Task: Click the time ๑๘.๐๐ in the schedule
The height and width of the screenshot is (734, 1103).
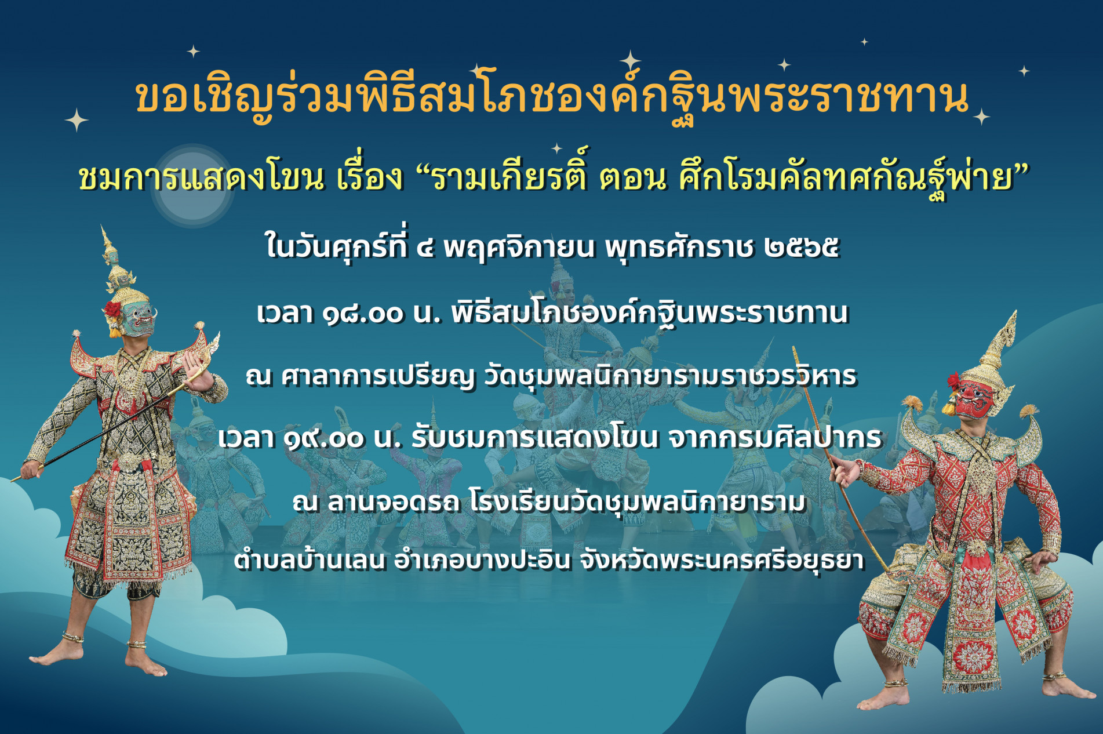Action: pyautogui.click(x=362, y=314)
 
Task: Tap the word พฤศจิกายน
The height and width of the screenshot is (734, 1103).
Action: pyautogui.click(x=519, y=248)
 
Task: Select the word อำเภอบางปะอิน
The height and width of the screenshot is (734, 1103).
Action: pyautogui.click(x=482, y=560)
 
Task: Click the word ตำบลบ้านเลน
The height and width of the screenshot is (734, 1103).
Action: pyautogui.click(x=310, y=560)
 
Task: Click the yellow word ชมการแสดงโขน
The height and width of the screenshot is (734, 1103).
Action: pyautogui.click(x=201, y=177)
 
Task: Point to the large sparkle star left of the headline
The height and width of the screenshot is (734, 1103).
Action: pyautogui.click(x=76, y=121)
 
